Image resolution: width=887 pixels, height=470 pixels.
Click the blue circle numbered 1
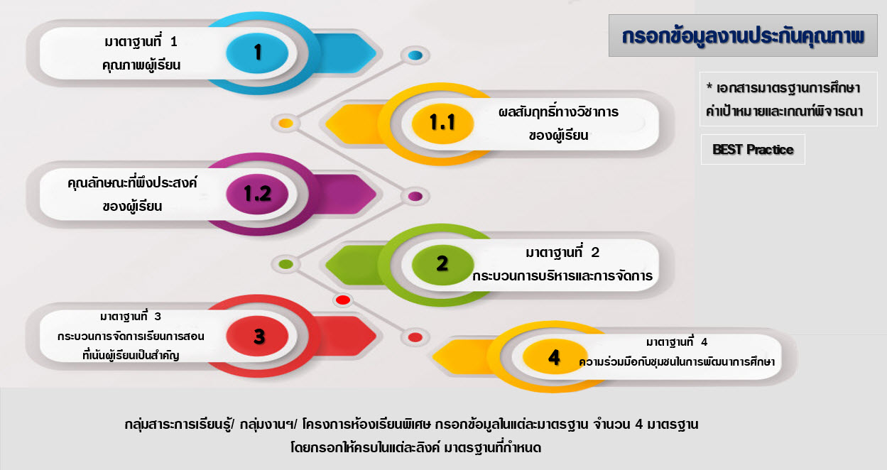[257, 53]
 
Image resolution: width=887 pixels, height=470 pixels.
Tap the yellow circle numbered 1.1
[442, 123]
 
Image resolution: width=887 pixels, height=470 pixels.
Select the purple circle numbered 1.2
[257, 194]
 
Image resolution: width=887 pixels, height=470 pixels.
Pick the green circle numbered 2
[442, 265]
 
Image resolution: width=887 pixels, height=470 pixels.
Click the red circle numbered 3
[257, 336]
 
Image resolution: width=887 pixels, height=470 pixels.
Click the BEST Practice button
[753, 149]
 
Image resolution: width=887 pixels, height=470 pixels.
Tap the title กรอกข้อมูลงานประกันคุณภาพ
[743, 36]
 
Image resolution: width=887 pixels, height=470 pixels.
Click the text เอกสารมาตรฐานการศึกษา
[788, 88]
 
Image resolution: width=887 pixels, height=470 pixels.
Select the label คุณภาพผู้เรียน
[141, 65]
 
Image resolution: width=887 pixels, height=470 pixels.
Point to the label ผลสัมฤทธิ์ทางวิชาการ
[558, 111]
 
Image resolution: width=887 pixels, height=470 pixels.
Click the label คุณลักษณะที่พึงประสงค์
[132, 182]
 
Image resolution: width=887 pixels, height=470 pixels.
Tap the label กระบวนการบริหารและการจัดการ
[562, 275]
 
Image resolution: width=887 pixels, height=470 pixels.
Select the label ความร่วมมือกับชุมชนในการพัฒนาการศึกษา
[677, 362]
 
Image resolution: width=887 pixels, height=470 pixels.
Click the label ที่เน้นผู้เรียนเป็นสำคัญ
[131, 355]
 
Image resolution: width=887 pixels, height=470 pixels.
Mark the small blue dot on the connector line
[415, 55]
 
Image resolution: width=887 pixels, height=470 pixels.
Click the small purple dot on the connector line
[415, 196]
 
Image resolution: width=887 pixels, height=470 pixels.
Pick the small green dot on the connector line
[286, 264]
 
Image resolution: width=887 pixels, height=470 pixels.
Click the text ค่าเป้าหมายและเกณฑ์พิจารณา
[785, 111]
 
